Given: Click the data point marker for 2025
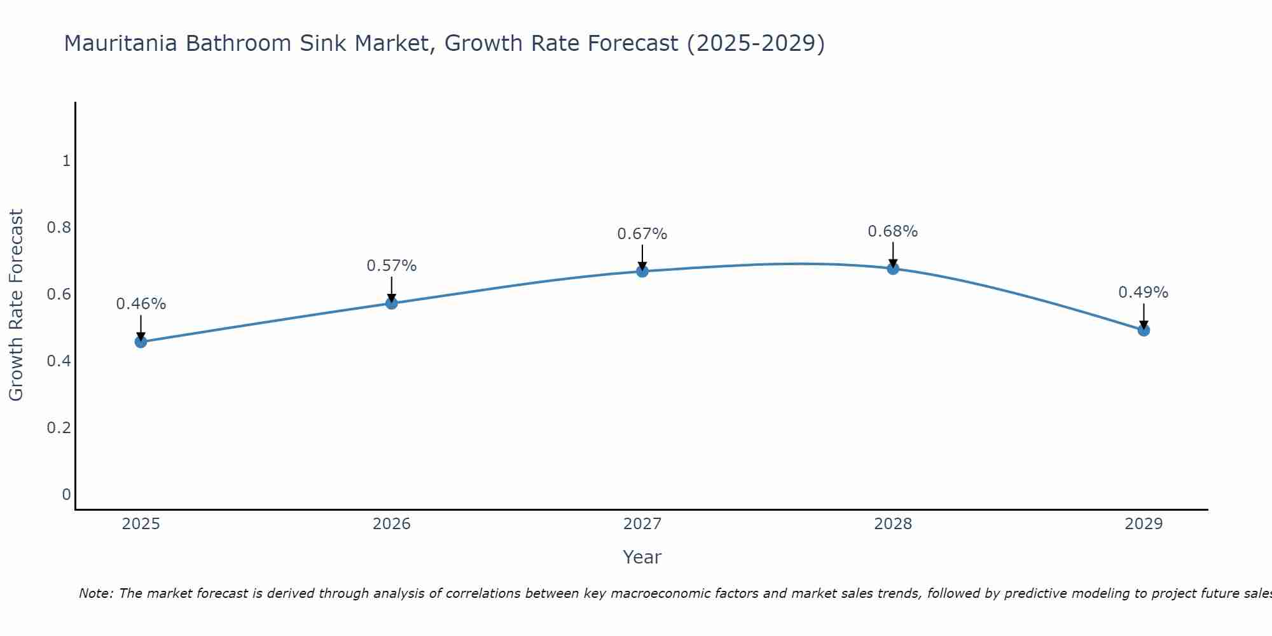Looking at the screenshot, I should pos(141,342).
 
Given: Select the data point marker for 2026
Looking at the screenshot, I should pos(392,303).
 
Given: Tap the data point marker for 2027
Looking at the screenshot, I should pos(642,272).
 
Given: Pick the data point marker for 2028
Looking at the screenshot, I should pos(893,268).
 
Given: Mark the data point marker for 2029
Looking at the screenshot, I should pos(1144,330).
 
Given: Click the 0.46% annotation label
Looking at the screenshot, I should pos(141,304).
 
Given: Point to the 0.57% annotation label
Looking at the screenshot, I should pos(392,266).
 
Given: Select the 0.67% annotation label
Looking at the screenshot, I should pos(642,234).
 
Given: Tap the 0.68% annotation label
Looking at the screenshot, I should pos(893,232).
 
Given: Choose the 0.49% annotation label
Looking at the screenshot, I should pos(1144,293).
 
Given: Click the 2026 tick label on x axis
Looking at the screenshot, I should pos(392,524).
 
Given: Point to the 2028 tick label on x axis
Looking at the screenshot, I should pos(893,524).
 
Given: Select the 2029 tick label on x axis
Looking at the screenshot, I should pos(1144,524).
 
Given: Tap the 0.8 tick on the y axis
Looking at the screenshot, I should pos(59,228).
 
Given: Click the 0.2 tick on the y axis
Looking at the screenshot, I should pos(59,427).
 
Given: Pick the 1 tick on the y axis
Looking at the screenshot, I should pos(66,161).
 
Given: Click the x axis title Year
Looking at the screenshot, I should pos(642,557).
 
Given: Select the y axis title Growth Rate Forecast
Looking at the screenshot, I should pos(17,305).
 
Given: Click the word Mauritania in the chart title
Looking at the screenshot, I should pos(121,43).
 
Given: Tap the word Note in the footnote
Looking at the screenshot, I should pos(95,593).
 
